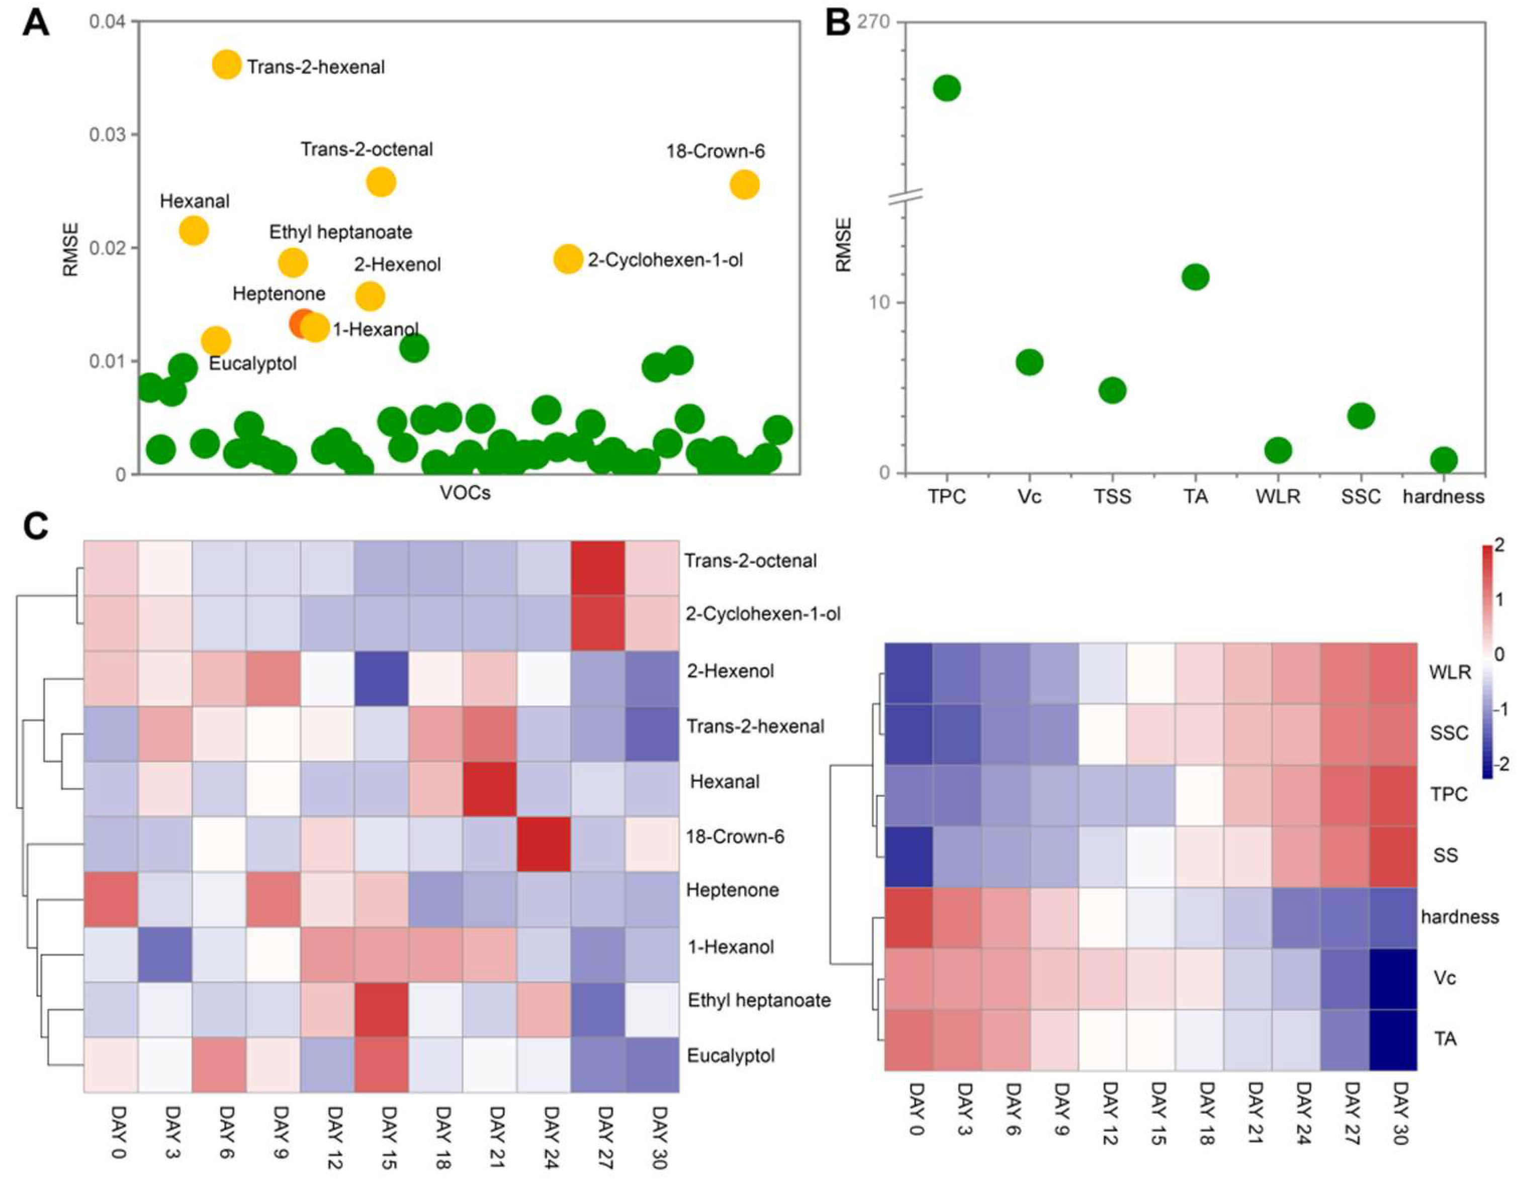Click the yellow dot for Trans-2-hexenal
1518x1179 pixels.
pyautogui.click(x=227, y=65)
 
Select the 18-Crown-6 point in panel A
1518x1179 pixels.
pyautogui.click(x=744, y=185)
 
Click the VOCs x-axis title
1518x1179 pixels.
pyautogui.click(x=465, y=493)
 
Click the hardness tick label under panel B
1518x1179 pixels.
pyautogui.click(x=1443, y=496)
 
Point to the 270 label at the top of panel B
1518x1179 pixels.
pyautogui.click(x=874, y=22)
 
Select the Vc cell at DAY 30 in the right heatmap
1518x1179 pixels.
pyautogui.click(x=1393, y=978)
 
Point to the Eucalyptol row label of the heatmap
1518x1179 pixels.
pyautogui.click(x=731, y=1055)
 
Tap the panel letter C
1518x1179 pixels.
pyautogui.click(x=36, y=527)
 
